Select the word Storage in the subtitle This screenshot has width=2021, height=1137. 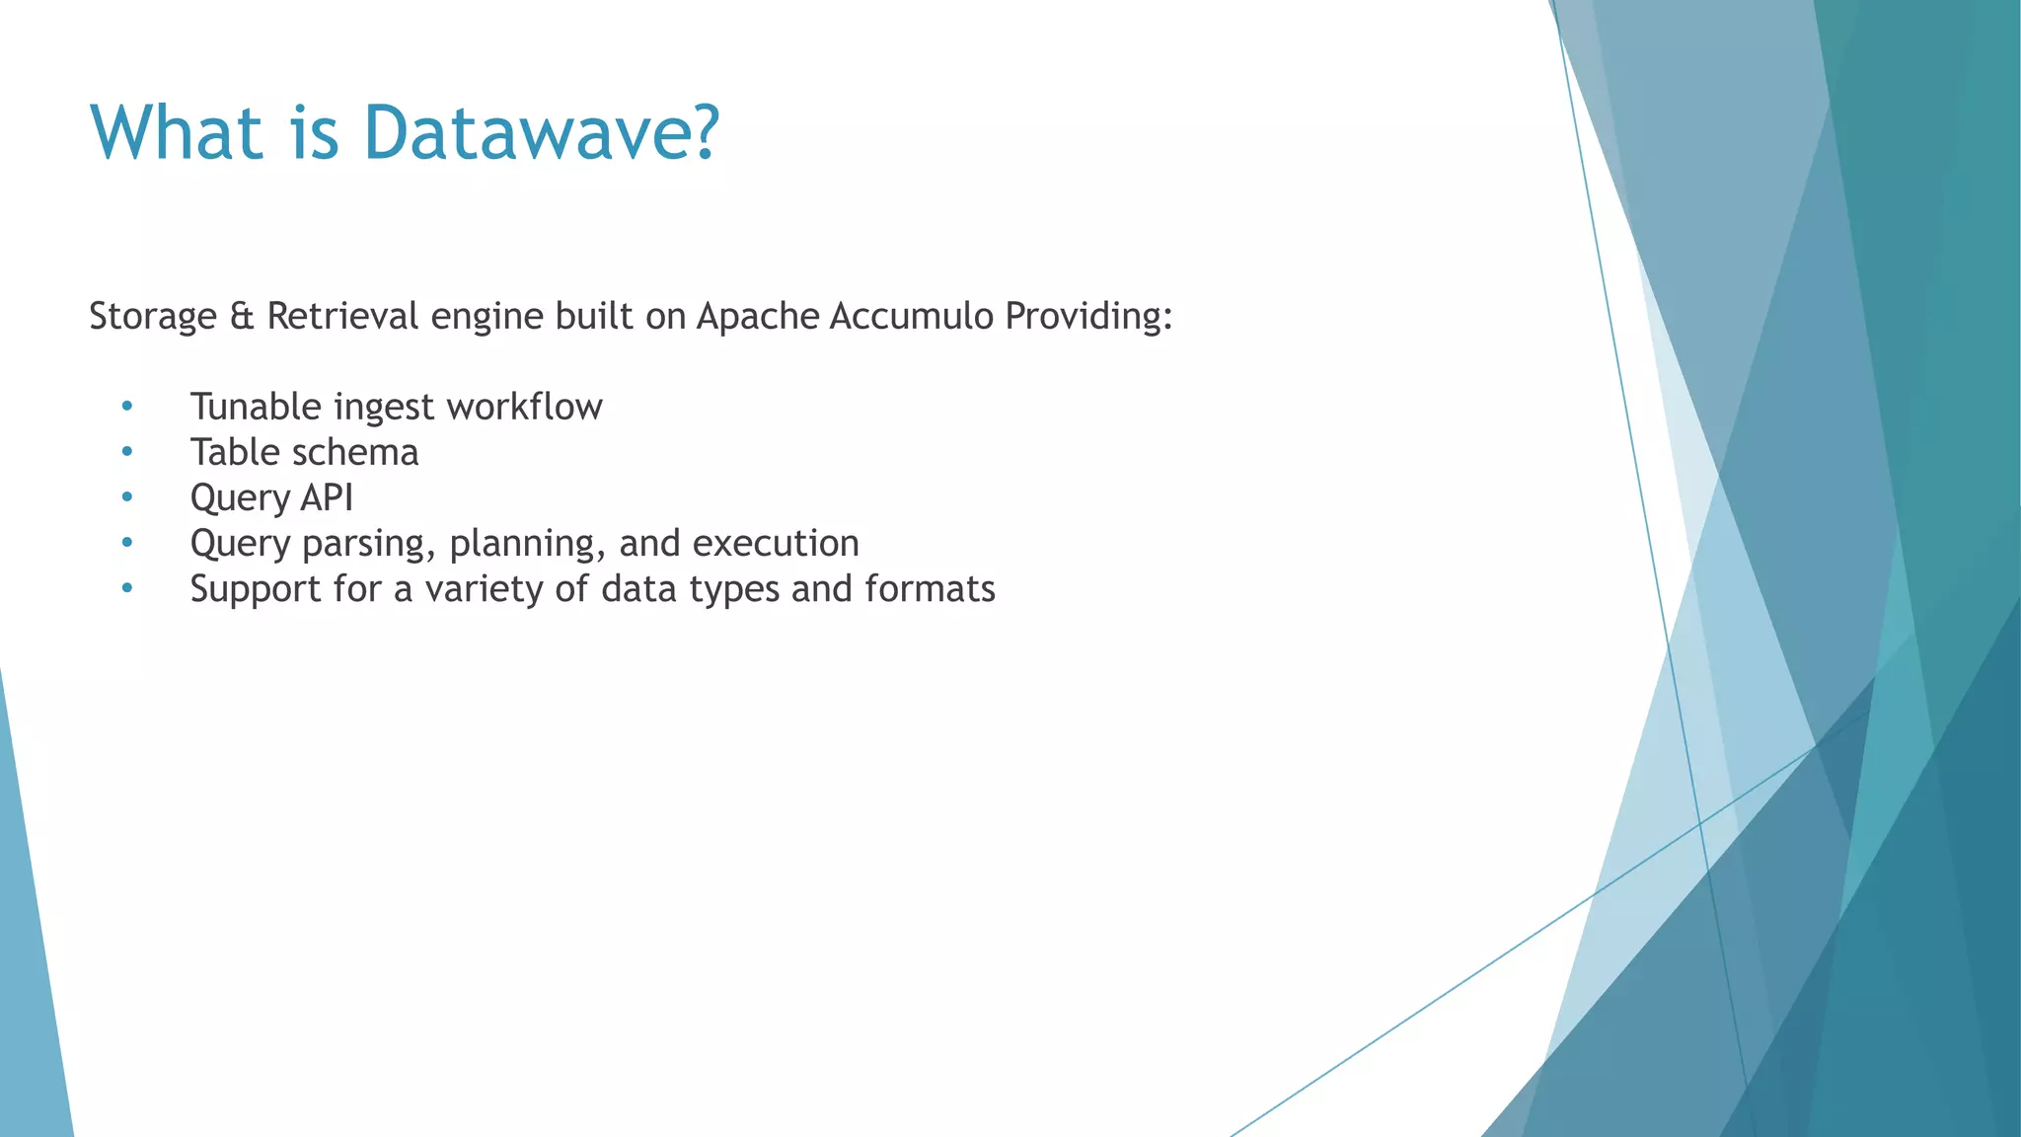153,317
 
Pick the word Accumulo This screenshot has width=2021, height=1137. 912,317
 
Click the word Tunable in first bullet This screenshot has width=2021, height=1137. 257,407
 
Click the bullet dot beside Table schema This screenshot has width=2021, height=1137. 126,452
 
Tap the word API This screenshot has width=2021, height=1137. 327,497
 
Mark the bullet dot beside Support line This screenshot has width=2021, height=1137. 126,588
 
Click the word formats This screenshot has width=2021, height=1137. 930,589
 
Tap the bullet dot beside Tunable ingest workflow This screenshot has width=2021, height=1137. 126,407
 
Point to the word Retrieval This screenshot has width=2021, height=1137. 342,317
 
